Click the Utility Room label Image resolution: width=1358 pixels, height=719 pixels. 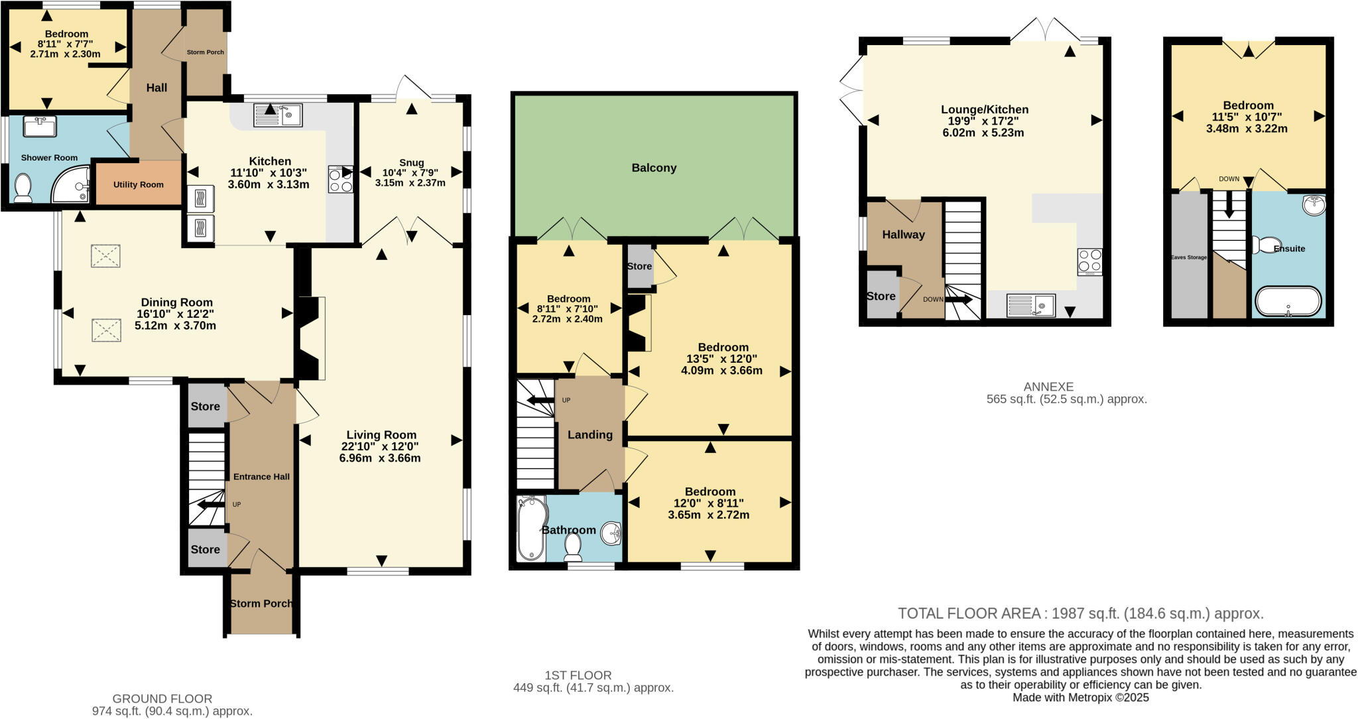138,184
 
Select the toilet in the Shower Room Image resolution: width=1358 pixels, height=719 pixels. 23,188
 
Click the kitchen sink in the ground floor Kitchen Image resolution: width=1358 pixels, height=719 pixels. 278,115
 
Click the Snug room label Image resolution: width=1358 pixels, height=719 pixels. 411,163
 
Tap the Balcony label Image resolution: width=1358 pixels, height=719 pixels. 654,168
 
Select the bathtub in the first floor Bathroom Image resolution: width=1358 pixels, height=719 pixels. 530,529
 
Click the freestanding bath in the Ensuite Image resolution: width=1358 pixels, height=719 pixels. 1287,301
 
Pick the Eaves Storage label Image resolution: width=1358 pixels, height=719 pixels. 1188,257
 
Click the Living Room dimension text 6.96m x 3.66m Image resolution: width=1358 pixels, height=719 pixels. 380,458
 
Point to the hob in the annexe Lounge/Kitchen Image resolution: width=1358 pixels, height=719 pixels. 1089,261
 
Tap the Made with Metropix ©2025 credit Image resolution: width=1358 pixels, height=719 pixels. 1080,698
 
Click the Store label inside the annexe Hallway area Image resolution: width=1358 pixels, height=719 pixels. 881,296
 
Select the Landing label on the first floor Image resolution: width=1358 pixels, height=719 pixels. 589,435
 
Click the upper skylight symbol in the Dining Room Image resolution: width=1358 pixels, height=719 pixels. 105,256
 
